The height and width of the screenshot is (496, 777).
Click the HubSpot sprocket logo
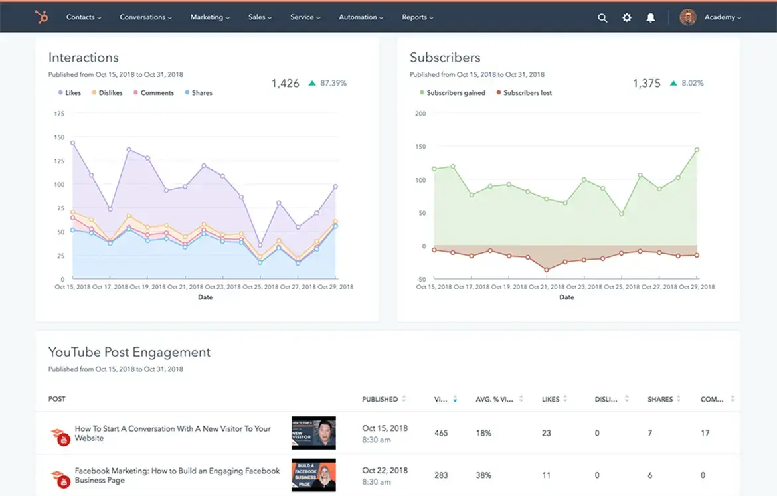[41, 17]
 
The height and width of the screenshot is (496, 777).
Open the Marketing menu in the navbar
[210, 17]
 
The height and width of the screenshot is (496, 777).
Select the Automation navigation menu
[361, 17]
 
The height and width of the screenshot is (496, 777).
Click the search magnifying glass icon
[602, 18]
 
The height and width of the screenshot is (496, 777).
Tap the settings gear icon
[627, 18]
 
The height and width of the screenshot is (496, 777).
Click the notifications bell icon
[651, 18]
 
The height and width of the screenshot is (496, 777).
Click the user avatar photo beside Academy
[687, 17]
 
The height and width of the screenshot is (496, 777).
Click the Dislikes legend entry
[107, 93]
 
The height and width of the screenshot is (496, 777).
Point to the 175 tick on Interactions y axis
[59, 114]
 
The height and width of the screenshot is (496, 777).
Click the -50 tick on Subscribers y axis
[420, 280]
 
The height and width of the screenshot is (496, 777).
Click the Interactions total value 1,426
[285, 84]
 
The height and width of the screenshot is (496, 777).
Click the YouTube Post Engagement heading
[129, 353]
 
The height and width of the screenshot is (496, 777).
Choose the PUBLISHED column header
[380, 400]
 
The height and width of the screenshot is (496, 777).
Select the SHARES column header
[660, 400]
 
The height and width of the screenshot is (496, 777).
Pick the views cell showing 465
[441, 433]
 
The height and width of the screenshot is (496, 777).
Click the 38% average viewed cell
[483, 475]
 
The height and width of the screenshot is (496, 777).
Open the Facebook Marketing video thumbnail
[313, 475]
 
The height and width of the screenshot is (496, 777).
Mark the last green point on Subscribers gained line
[697, 150]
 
